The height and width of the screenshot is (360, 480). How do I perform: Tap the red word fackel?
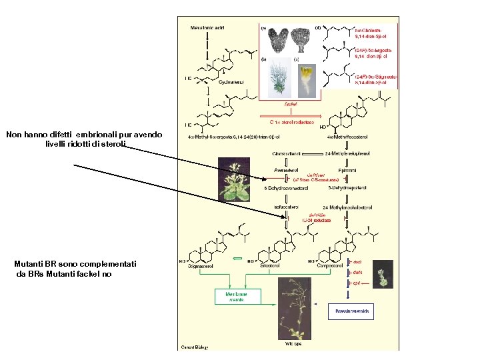point(291,104)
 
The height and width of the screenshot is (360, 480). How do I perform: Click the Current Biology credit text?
point(195,347)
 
